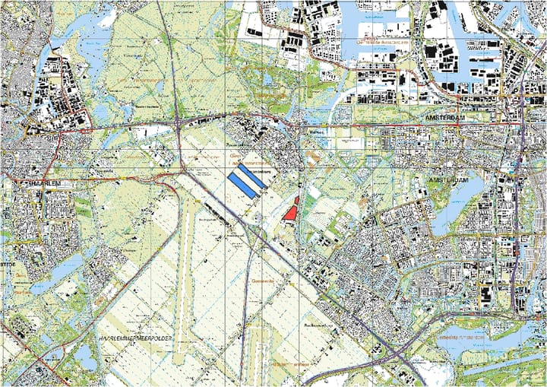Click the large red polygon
[289, 213]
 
